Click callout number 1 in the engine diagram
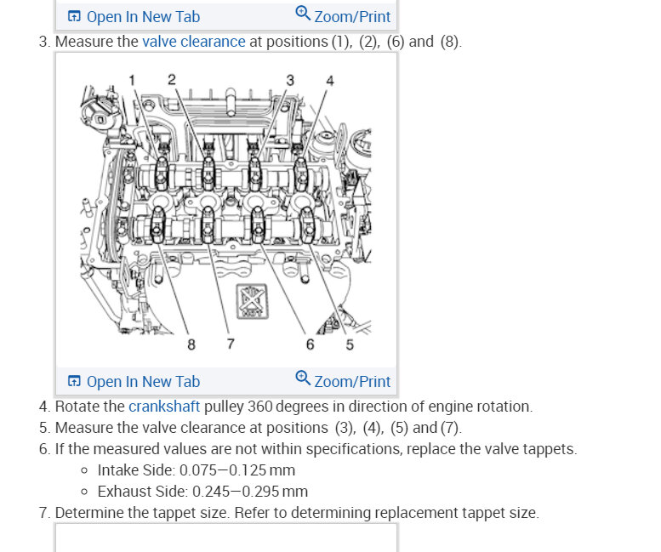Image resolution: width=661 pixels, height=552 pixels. [132, 79]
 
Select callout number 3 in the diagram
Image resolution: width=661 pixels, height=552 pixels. [290, 79]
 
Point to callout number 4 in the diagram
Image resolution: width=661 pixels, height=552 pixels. [330, 81]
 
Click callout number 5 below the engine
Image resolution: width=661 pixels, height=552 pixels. [350, 344]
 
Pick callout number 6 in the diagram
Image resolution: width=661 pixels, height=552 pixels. [310, 344]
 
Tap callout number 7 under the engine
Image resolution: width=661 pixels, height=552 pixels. [231, 344]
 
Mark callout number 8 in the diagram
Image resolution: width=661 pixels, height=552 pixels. [191, 344]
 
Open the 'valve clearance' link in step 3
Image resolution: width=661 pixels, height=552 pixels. [193, 42]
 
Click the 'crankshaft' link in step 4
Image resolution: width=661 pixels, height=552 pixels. [163, 406]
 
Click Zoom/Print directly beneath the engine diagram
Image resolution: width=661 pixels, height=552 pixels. [343, 381]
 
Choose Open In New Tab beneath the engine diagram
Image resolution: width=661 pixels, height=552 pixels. [134, 382]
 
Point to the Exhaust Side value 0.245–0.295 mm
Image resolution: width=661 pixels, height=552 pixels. [250, 491]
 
